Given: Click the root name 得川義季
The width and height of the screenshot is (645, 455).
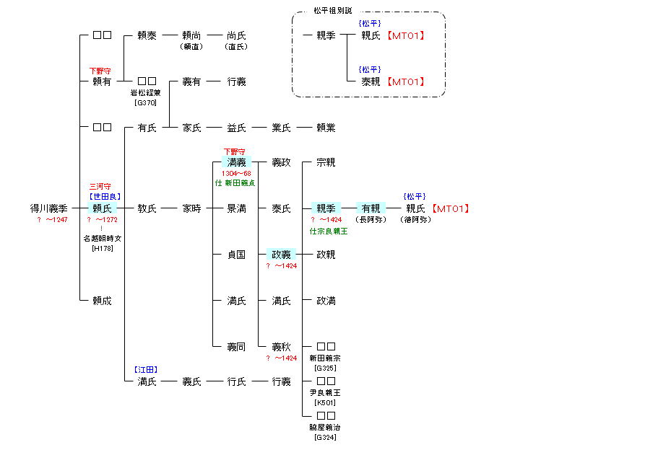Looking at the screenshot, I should (49, 208).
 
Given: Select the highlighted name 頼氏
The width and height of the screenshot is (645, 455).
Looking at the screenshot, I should (103, 208).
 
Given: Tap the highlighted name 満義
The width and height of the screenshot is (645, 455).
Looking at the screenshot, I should (237, 162).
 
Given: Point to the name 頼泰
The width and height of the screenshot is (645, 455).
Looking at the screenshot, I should (147, 35).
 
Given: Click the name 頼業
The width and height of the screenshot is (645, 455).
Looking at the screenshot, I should (326, 128).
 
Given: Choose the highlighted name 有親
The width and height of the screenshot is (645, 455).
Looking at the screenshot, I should (371, 208).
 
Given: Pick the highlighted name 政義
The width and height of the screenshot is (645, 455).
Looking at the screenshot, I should (281, 255).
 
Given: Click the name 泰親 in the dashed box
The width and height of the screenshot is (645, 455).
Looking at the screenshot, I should (371, 81).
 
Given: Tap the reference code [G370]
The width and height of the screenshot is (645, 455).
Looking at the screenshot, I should (147, 102).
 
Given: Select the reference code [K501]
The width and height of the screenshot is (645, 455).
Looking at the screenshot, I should (326, 402).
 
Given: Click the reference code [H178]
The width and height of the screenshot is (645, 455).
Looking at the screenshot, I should (103, 249).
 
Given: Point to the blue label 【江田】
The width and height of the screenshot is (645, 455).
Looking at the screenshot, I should (147, 370).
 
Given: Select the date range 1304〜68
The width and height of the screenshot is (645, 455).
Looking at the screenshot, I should (237, 174).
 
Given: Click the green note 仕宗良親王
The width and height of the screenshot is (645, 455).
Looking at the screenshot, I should (329, 231).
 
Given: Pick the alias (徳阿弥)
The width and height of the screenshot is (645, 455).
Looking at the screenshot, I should (415, 219).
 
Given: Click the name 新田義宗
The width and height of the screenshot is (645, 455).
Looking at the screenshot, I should (325, 358).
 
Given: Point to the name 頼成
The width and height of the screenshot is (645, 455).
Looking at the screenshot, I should (103, 301).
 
